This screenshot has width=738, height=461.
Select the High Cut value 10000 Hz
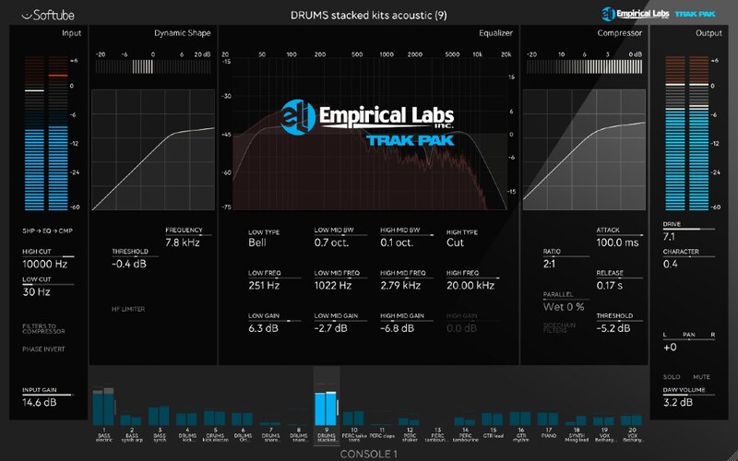[x=45, y=264]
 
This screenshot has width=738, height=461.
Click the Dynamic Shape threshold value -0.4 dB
[x=130, y=264]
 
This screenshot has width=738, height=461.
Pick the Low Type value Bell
[x=257, y=243]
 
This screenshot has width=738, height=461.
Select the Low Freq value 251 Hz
[x=264, y=286]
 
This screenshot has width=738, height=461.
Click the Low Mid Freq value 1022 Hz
[x=334, y=286]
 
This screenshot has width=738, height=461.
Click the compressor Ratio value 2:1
[x=550, y=264]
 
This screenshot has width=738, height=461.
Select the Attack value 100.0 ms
[x=617, y=242]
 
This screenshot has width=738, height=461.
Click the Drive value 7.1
[x=670, y=236]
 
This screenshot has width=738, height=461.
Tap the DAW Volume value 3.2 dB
[x=678, y=402]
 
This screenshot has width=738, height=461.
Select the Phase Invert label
[x=43, y=349]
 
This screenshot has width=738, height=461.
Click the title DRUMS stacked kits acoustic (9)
[x=368, y=14]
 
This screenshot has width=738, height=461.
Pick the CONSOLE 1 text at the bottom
[x=368, y=454]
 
